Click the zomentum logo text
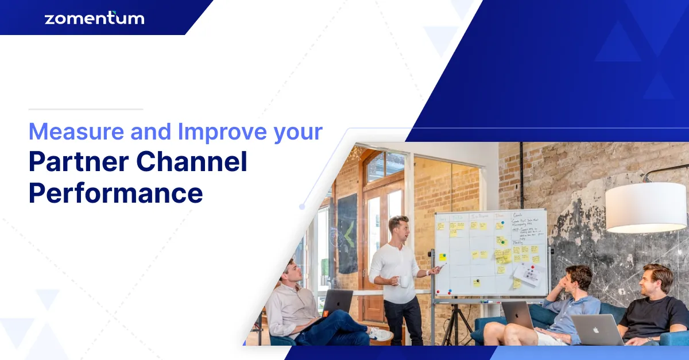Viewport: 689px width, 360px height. pos(94,18)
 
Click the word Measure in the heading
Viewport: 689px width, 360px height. pos(76,131)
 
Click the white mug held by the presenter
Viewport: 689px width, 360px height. pos(404,281)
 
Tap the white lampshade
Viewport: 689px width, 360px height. pos(645,207)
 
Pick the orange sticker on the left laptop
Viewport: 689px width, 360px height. pos(326,313)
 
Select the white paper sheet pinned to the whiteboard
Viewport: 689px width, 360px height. pos(527,274)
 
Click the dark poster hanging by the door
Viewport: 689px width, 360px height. pos(347,233)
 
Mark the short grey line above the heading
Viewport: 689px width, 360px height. pos(86,109)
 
